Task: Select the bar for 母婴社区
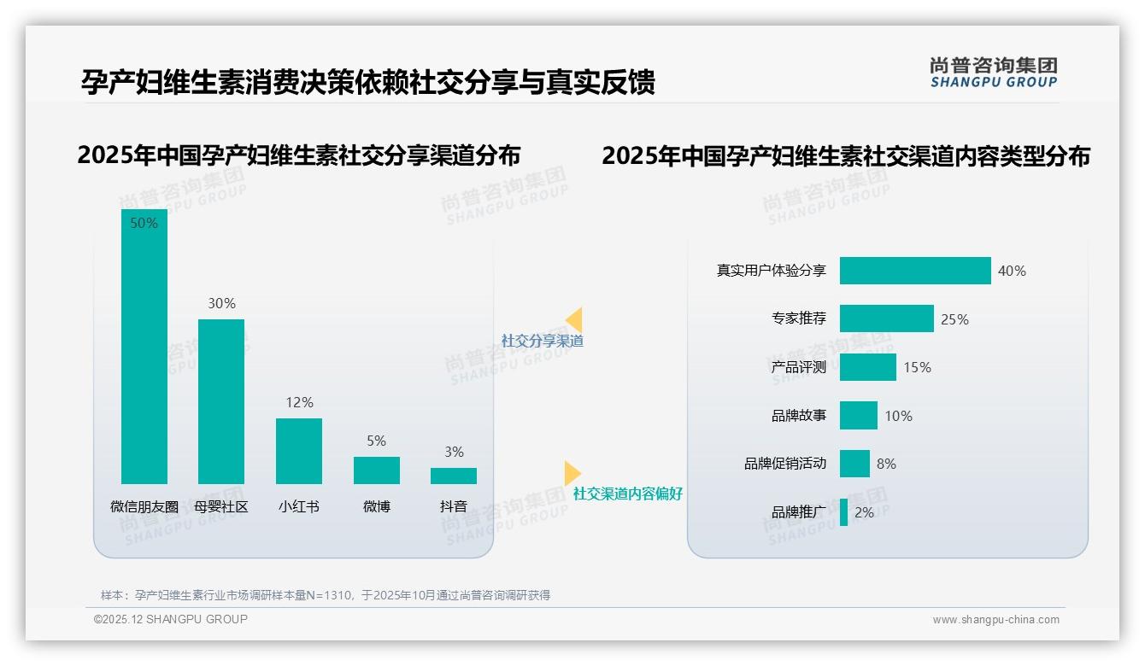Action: (x=221, y=401)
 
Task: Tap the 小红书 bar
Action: (x=299, y=451)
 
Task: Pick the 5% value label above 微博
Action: (x=376, y=441)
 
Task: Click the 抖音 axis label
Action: (x=454, y=506)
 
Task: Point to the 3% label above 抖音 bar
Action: (x=454, y=452)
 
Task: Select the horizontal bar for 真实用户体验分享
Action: (x=915, y=271)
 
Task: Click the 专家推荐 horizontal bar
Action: (x=886, y=318)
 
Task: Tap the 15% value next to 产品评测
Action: (x=917, y=367)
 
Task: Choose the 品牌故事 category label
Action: (x=799, y=416)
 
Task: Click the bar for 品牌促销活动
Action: (x=854, y=464)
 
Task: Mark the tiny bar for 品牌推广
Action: (x=844, y=512)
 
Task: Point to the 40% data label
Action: (x=1012, y=271)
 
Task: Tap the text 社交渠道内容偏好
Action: (x=628, y=494)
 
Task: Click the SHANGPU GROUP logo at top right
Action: (x=993, y=73)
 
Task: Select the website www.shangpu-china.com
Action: (x=995, y=620)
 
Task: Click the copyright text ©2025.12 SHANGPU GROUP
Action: (x=171, y=619)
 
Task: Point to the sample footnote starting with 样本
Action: (x=326, y=595)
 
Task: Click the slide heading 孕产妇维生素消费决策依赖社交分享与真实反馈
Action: (x=367, y=82)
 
